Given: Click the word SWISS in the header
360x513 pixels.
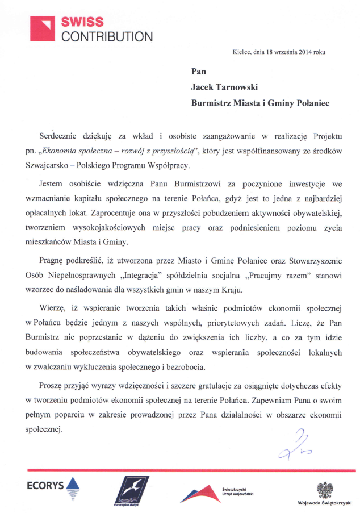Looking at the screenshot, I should (83, 22).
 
